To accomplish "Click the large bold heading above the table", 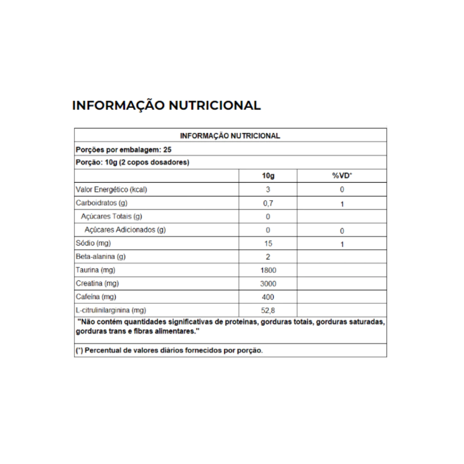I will point(166,106).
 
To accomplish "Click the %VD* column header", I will point(342,176).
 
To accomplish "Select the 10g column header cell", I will point(268,176).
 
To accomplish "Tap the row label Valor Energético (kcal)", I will point(111,189).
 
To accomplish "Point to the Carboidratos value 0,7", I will point(268,203).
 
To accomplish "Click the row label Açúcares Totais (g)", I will point(111,217).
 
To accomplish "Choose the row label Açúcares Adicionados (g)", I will point(125,230).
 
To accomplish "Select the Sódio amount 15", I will point(268,244).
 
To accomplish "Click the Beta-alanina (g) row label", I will point(101,257).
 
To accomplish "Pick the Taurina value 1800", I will point(268,271).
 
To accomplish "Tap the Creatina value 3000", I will point(268,284).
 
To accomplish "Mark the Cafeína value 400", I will point(268,297).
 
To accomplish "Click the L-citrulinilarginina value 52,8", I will point(268,310).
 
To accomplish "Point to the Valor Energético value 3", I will point(268,189).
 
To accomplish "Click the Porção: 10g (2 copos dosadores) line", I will point(132,162).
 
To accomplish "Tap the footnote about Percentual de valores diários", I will point(169,351).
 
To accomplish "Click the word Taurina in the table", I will point(87,271).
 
